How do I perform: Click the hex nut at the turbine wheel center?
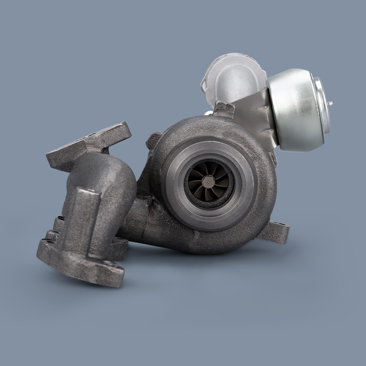[208, 182]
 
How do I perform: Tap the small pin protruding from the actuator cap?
[330, 104]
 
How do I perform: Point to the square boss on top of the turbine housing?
[224, 109]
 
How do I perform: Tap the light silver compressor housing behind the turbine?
[234, 77]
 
